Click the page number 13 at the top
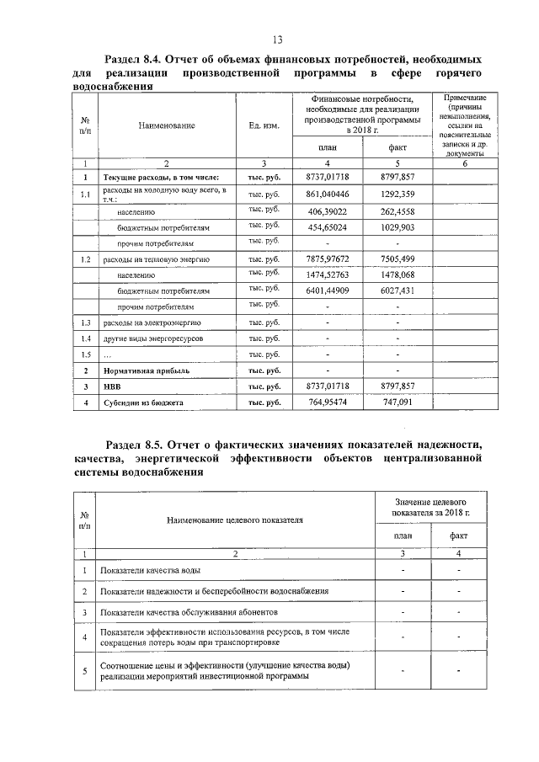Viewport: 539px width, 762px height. pyautogui.click(x=276, y=40)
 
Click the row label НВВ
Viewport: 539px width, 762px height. pyautogui.click(x=113, y=386)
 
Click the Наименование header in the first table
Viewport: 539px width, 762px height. pyautogui.click(x=167, y=125)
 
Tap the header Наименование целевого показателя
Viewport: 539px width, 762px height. pyautogui.click(x=235, y=520)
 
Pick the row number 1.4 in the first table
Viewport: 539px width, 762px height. pyautogui.click(x=84, y=338)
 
